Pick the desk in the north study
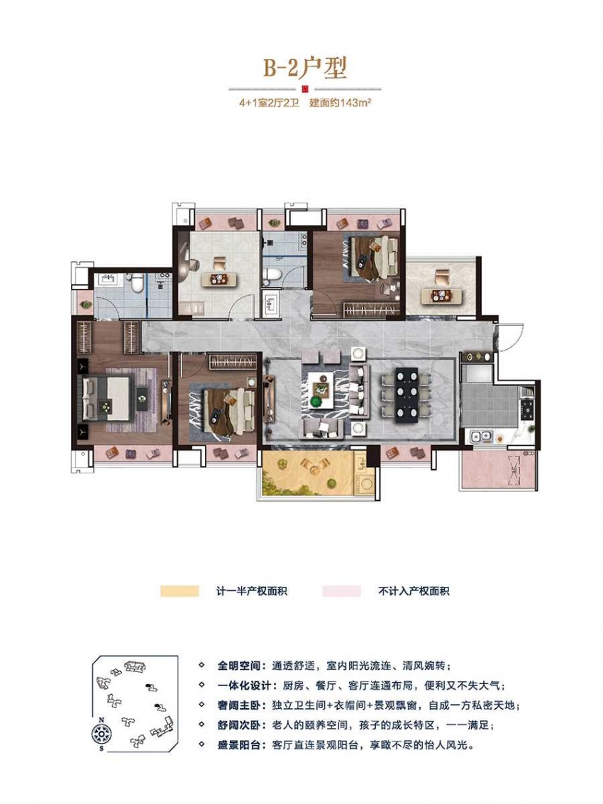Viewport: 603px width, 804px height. [x=217, y=277]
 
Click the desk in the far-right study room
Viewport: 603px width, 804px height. [x=442, y=292]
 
